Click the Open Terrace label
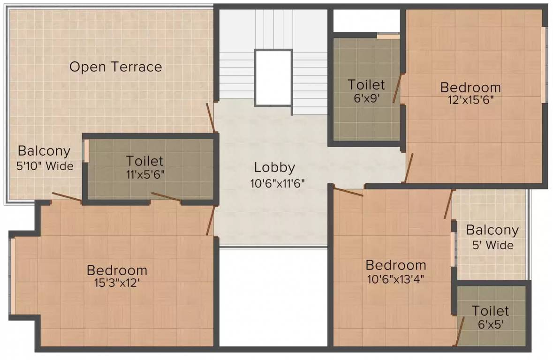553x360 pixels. [116, 67]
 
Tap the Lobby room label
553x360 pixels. [274, 167]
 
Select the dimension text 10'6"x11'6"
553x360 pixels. [277, 183]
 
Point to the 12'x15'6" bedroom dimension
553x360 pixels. [470, 100]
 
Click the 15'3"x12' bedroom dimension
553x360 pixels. [117, 283]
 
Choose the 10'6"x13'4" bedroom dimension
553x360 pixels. [395, 279]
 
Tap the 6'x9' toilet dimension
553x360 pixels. [366, 97]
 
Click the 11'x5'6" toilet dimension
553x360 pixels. [145, 174]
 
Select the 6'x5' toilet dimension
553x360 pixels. [490, 324]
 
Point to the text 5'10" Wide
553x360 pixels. [45, 166]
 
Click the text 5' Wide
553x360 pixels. [492, 245]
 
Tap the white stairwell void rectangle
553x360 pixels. [273, 77]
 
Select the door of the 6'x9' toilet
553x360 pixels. [397, 88]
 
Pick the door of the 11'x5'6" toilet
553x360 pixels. [166, 197]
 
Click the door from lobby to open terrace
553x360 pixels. [211, 118]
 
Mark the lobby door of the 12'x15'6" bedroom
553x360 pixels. [409, 168]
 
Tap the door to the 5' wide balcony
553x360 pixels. [447, 204]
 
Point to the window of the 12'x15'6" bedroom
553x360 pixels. [544, 65]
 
